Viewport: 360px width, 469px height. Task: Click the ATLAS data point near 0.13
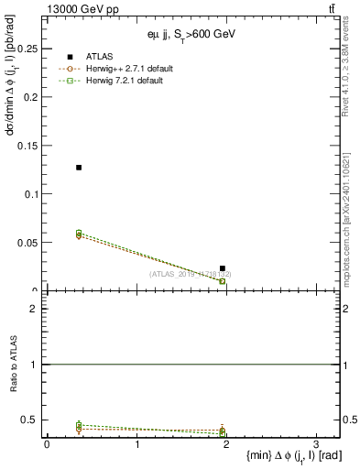(79, 168)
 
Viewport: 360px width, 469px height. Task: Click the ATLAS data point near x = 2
(223, 268)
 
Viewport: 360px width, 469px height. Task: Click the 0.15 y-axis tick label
(30, 146)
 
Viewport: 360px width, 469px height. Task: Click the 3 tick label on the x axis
(315, 444)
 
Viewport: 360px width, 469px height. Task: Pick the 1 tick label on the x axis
(136, 444)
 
